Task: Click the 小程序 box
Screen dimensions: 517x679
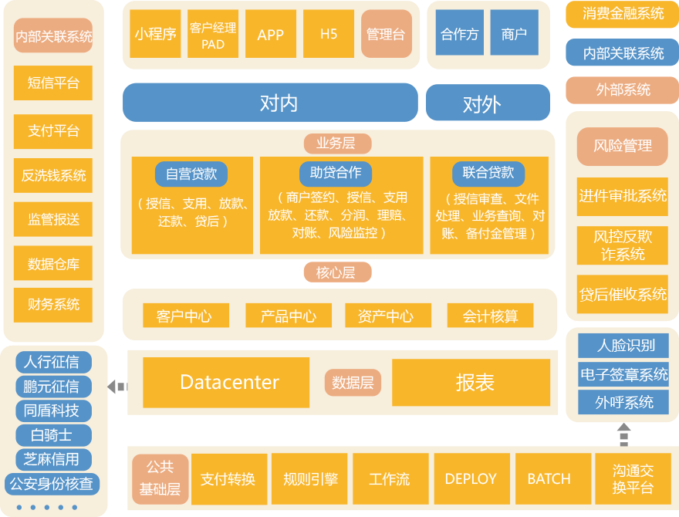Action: pos(155,34)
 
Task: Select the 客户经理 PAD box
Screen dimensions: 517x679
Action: pos(213,34)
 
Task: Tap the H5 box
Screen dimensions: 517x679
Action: pos(329,34)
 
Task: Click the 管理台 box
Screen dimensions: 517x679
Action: pos(386,34)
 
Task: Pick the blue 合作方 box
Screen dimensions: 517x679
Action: pos(460,33)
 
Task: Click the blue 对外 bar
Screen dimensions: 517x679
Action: pos(488,103)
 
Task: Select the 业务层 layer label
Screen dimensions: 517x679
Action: pos(338,144)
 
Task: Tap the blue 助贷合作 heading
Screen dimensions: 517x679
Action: pos(336,173)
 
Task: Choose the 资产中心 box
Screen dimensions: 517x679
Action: pos(386,316)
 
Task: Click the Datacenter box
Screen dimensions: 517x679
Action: pos(229,382)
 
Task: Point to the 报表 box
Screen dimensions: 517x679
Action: pos(475,382)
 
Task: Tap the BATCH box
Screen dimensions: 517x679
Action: pos(549,479)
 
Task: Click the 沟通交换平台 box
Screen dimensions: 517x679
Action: pos(633,479)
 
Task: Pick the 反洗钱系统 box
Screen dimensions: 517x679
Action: pos(53,176)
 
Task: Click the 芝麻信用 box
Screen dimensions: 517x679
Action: pos(52,459)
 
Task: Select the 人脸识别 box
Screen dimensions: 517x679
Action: pos(623,345)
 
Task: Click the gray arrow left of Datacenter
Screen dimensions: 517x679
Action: pos(117,386)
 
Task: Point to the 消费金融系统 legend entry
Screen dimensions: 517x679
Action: pos(623,14)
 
